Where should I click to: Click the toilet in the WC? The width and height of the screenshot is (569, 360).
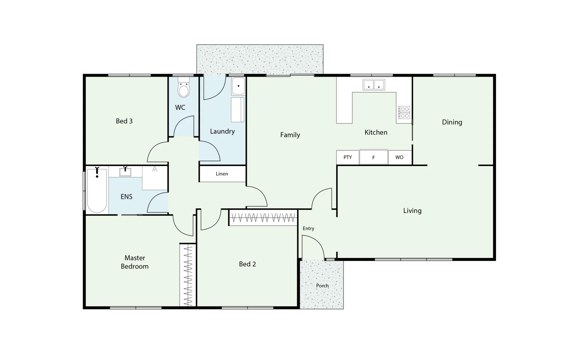click(183, 88)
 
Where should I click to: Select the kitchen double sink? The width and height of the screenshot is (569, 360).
click(374, 85)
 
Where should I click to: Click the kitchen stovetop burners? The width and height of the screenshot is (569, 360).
click(404, 112)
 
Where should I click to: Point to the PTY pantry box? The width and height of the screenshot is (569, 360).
click(348, 157)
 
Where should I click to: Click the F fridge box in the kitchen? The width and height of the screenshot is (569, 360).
click(373, 157)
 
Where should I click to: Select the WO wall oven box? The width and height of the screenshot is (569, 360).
click(399, 157)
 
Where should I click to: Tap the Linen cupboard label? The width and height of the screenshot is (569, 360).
click(222, 174)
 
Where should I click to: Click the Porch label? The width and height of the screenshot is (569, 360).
click(322, 286)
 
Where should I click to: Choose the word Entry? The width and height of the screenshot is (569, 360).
click(308, 228)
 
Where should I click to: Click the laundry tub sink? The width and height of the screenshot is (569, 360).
click(238, 86)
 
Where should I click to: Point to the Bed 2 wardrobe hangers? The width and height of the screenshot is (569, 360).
click(263, 218)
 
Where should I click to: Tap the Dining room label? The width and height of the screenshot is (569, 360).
click(452, 122)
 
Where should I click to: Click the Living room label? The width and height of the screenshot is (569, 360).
click(412, 211)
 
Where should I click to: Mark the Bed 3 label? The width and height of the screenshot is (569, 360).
click(124, 121)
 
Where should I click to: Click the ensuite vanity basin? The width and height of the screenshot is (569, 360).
click(125, 172)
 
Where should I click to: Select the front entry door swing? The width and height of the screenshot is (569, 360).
click(313, 247)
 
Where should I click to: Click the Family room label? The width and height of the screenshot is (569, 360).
click(290, 135)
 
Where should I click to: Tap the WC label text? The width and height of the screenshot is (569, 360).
click(180, 107)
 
